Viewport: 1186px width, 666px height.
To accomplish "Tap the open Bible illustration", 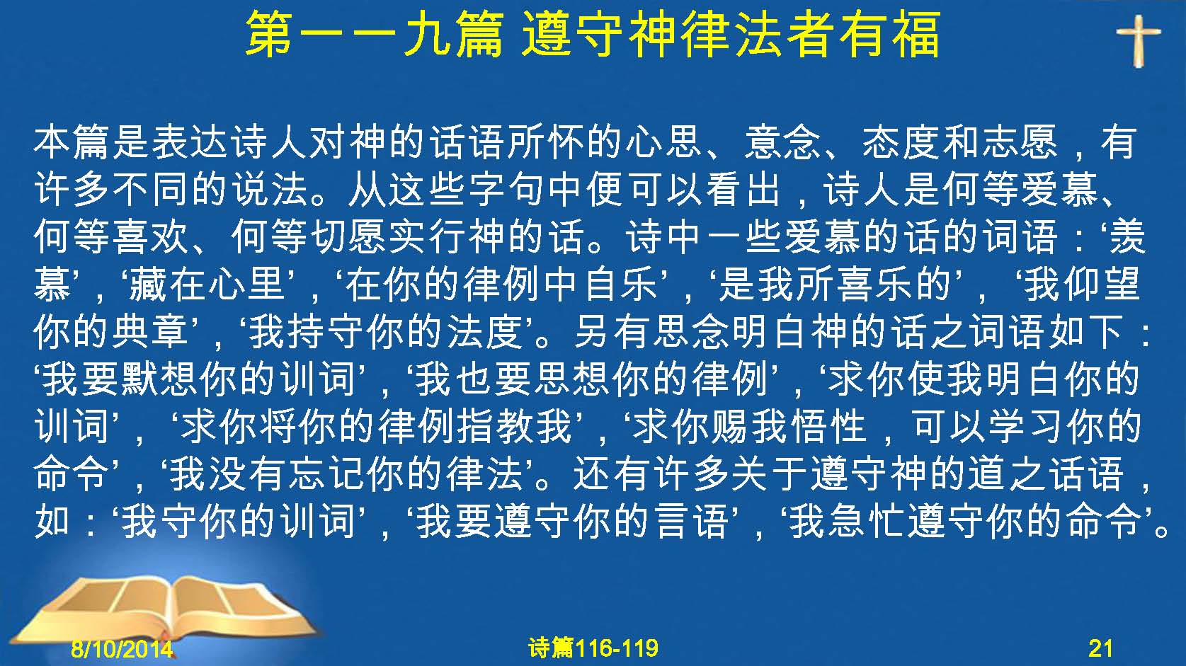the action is (164, 609).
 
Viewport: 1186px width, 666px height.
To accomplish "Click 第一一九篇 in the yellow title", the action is (374, 35).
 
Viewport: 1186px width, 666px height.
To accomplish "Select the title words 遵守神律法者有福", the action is (731, 35).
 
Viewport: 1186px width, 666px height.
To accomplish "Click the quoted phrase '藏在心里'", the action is (208, 285).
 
